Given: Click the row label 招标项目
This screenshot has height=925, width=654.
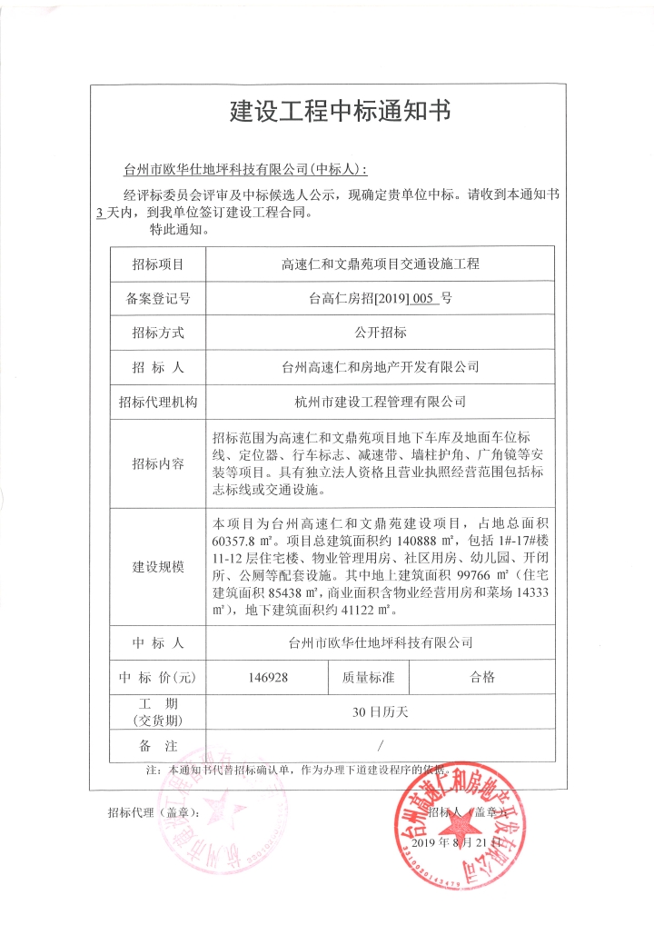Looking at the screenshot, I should click(158, 264).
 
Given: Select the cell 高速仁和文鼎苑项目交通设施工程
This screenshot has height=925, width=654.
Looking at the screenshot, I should click(380, 264).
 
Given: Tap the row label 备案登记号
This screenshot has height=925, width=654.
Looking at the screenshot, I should click(158, 298).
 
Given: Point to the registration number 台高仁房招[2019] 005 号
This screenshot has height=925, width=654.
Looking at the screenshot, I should click(380, 298).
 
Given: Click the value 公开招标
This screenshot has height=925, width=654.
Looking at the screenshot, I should click(380, 333).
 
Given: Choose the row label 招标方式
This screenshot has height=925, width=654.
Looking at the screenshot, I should click(158, 333).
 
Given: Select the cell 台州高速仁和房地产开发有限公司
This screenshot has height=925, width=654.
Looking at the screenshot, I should click(380, 367).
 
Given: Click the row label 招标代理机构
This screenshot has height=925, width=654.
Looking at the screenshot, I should click(158, 401).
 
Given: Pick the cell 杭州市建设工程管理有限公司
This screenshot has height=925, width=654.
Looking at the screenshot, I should click(380, 401).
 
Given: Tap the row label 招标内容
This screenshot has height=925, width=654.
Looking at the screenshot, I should click(158, 463).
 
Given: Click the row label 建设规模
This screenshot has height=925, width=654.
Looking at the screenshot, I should click(158, 567).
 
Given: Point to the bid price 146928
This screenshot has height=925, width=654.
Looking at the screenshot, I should click(268, 677).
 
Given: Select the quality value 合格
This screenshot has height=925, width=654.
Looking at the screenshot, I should click(482, 677).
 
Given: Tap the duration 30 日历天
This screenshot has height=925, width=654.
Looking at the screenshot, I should click(380, 711).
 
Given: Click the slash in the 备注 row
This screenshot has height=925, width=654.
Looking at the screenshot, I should click(380, 745).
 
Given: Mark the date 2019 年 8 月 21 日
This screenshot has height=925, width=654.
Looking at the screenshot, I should click(457, 843).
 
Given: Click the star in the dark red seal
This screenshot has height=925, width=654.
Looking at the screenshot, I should click(460, 827).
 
